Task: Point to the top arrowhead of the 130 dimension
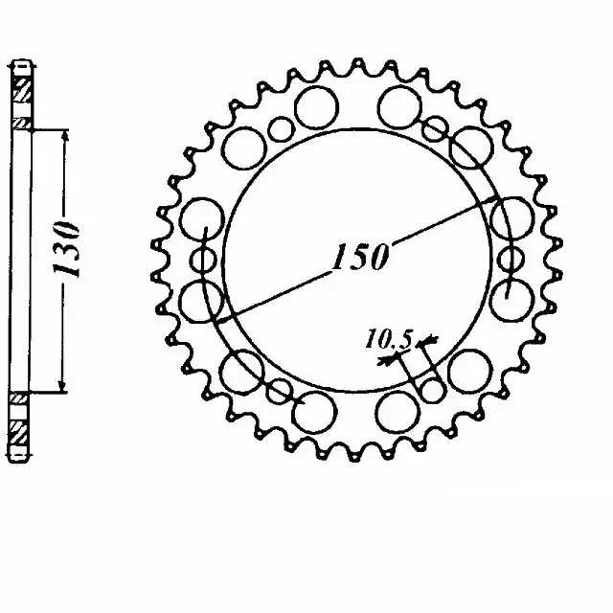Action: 64,135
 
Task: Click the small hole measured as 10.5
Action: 433,391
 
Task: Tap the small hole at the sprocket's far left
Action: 203,259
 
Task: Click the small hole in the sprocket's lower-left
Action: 280,390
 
